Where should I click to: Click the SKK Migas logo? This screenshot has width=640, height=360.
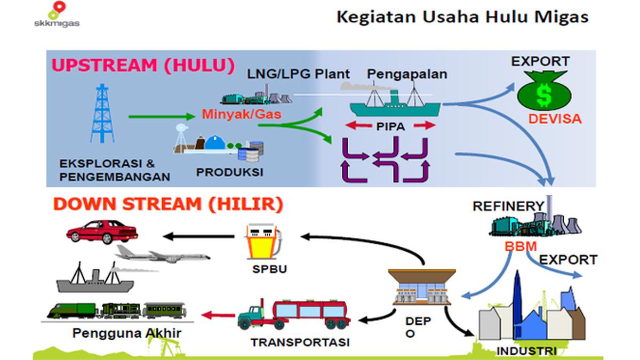pos(57,14)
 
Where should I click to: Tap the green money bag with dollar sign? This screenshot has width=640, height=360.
pos(544,91)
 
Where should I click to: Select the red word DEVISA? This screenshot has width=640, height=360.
pos(555,119)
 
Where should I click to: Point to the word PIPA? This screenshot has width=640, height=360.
pos(390,126)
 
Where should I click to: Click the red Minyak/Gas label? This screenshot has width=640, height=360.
pos(242,114)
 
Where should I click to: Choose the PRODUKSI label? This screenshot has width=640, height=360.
pos(230,172)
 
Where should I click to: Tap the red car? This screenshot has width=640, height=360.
pos(102,231)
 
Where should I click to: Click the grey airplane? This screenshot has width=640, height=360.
pos(162,254)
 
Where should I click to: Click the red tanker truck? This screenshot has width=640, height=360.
pos(294,314)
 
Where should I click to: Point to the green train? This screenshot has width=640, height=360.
pos(117,310)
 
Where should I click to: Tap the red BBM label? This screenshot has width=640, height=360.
pos(521,246)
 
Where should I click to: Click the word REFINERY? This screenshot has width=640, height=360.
pos(509,206)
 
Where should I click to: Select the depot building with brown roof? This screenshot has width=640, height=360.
pos(422,287)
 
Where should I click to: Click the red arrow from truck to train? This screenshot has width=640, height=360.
pos(218,315)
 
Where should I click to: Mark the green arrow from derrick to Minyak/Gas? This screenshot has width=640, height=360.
pos(162,116)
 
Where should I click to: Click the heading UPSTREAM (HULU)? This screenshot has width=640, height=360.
pos(143,65)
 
